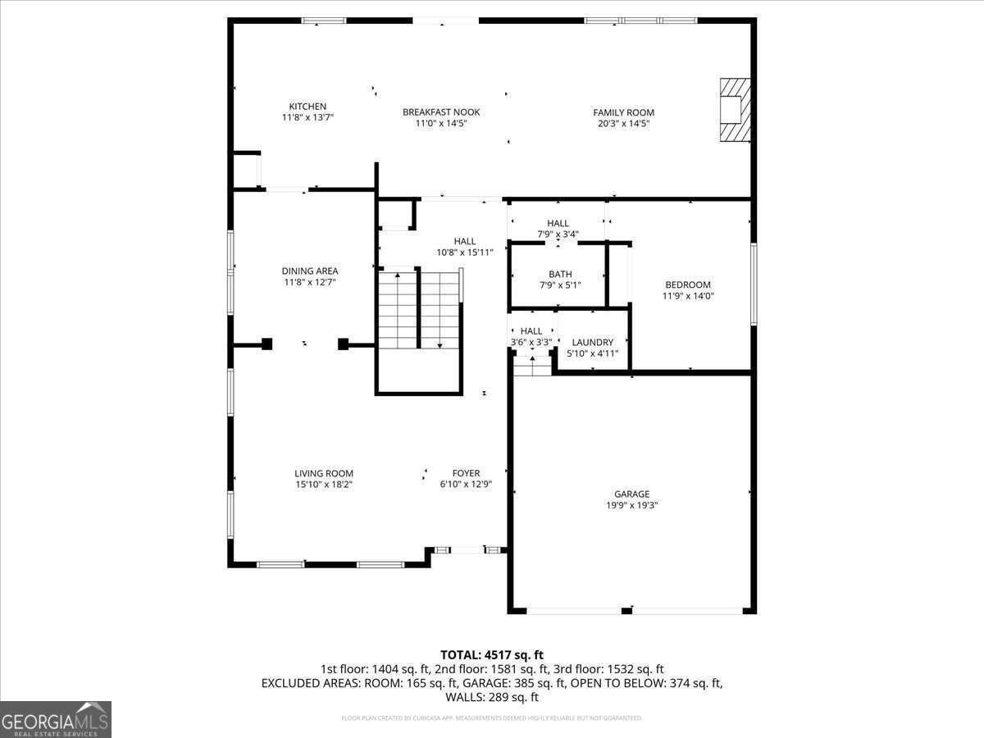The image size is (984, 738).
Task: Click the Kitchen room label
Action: click(x=307, y=107)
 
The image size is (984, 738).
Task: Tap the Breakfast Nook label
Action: click(x=441, y=112)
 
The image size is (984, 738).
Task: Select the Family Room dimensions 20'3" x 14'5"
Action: click(x=623, y=124)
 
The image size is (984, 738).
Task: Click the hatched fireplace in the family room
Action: click(x=734, y=110)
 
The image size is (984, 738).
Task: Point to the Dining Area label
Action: click(x=310, y=271)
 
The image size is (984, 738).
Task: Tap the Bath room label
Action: click(x=561, y=275)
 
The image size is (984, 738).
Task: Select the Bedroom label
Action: click(x=688, y=285)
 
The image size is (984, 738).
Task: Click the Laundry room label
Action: click(x=593, y=343)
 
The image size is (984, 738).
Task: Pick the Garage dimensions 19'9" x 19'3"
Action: click(x=631, y=505)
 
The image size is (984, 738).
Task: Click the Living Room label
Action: click(x=324, y=473)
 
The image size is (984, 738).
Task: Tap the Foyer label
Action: click(x=466, y=473)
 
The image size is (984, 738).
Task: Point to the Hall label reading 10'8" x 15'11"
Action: click(x=465, y=241)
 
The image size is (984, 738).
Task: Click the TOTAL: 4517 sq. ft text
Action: click(x=492, y=654)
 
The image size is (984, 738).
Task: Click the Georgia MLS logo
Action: click(x=56, y=719)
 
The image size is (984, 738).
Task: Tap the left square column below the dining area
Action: click(x=266, y=344)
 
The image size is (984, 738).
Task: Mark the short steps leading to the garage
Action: click(x=533, y=366)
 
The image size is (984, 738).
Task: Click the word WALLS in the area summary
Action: click(x=464, y=697)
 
